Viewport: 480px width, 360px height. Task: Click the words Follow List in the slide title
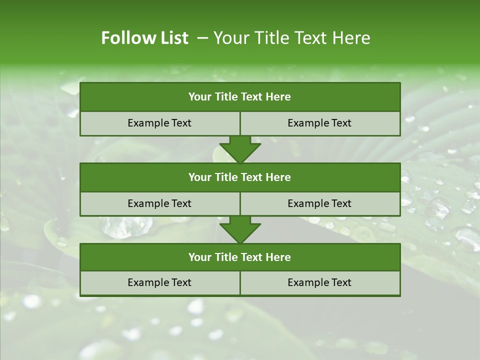point(144,38)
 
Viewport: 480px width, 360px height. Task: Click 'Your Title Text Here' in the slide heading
point(291,38)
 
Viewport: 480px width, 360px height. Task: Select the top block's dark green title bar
point(240,97)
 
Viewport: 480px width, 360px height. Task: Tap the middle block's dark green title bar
point(240,177)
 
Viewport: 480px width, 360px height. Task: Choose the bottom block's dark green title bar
point(240,257)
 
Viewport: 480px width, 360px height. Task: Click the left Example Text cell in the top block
point(159,123)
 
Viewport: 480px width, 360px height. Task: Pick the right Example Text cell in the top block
point(319,123)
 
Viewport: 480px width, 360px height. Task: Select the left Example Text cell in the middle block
point(159,203)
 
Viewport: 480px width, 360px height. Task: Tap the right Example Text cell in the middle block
point(319,203)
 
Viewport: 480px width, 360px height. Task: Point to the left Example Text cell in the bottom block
point(159,282)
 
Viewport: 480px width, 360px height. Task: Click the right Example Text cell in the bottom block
point(319,282)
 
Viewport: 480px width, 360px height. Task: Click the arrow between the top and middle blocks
point(240,149)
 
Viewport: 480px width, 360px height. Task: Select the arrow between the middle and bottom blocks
point(240,229)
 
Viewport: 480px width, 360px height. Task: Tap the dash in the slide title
point(202,38)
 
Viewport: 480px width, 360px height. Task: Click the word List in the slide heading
point(174,38)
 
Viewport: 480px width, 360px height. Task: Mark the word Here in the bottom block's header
point(278,257)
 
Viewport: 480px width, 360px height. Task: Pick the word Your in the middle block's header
point(200,177)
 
